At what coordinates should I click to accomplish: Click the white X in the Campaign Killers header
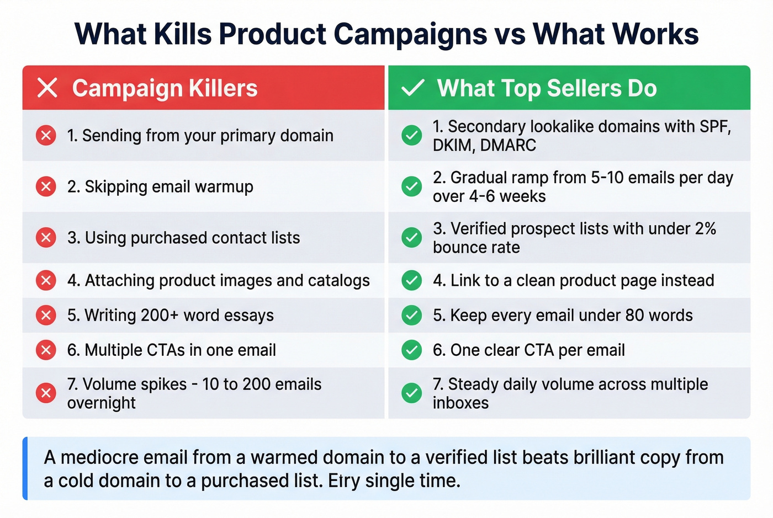pyautogui.click(x=47, y=88)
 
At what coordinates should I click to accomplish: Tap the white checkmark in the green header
pyautogui.click(x=412, y=88)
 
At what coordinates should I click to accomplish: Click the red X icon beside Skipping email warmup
pyautogui.click(x=46, y=186)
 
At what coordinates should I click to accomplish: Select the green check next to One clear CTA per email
pyautogui.click(x=411, y=350)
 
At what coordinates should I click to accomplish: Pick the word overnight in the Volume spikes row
pyautogui.click(x=101, y=403)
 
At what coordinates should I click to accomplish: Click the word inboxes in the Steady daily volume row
pyautogui.click(x=460, y=403)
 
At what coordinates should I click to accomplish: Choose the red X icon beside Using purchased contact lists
pyautogui.click(x=46, y=238)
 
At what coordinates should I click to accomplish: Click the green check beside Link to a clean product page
pyautogui.click(x=411, y=280)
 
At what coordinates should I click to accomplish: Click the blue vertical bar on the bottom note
pyautogui.click(x=25, y=468)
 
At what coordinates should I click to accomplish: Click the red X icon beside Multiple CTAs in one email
pyautogui.click(x=46, y=350)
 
